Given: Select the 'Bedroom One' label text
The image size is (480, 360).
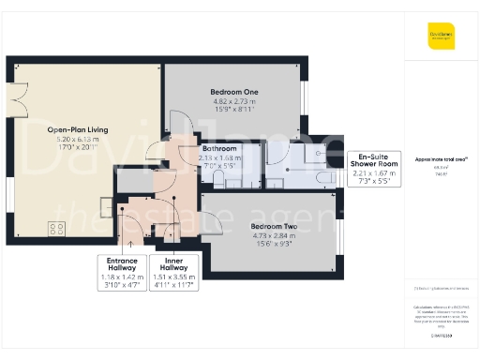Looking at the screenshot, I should click(234, 92).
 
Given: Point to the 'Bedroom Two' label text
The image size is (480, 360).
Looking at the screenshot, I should click(274, 226).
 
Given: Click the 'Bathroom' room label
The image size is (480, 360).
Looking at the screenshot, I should click(219, 149).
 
